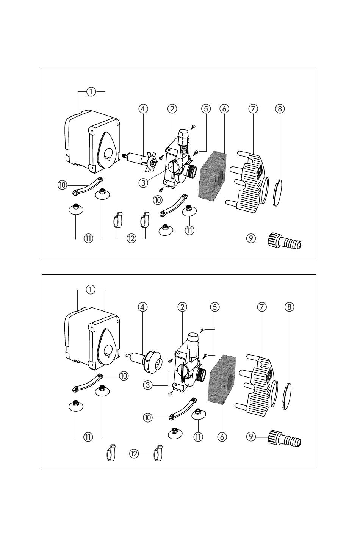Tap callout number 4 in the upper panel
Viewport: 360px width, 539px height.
pos(143,108)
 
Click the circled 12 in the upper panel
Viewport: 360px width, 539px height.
pos(131,238)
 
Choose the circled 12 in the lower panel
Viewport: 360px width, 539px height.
pos(134,453)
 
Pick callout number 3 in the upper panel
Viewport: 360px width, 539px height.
pos(143,183)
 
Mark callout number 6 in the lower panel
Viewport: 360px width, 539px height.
pos(222,437)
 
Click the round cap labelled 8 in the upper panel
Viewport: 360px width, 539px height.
pos(278,193)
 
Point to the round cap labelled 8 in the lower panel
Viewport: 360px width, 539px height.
pos(289,396)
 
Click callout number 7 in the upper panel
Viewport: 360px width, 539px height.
pos(253,108)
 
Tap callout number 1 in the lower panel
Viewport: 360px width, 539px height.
pos(91,290)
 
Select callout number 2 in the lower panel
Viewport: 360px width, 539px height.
pos(182,307)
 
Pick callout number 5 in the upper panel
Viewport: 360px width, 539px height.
pos(206,108)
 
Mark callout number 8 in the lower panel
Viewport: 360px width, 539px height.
pos(289,307)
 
